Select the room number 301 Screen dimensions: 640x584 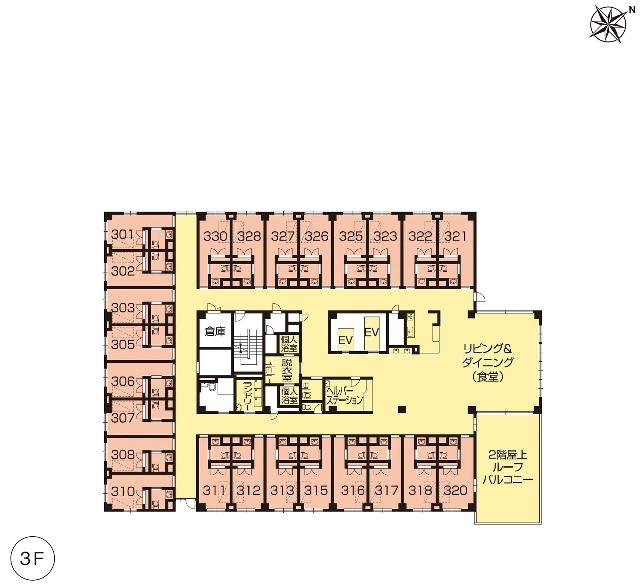[x=122, y=235]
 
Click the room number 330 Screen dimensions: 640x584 [x=215, y=236]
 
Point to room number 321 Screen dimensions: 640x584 [x=456, y=236]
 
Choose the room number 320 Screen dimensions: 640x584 [x=455, y=490]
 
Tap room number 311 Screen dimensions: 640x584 [x=214, y=490]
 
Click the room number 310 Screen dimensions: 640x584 [x=123, y=491]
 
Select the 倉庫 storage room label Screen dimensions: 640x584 [x=215, y=332]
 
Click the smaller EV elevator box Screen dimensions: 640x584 [x=346, y=340]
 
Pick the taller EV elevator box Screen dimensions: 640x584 [x=372, y=333]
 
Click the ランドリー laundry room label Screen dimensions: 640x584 [x=246, y=396]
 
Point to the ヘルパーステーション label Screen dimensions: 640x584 [x=345, y=396]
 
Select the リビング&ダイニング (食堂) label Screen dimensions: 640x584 [x=488, y=363]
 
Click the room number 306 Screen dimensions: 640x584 [x=123, y=381]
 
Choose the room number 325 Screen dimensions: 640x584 [x=351, y=236]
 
